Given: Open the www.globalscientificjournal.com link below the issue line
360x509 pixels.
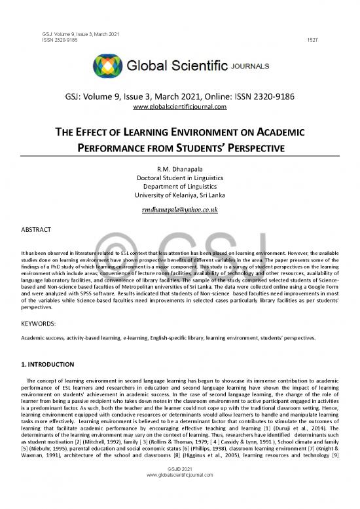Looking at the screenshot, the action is coord(179,107).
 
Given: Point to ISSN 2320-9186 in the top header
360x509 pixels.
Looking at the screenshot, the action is coord(41,40).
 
